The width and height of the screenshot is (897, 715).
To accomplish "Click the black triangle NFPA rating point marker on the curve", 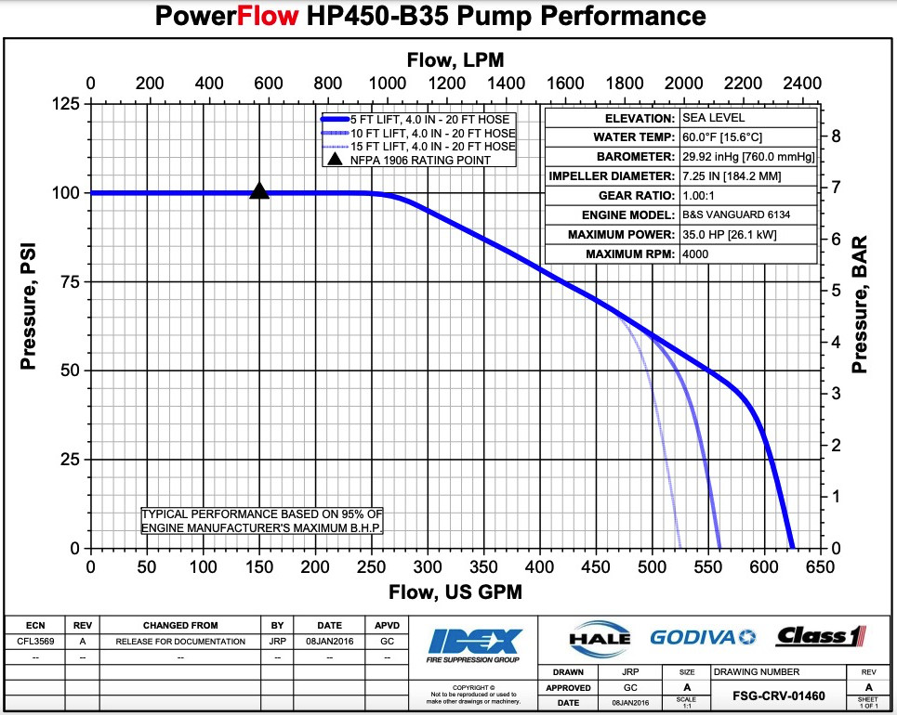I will coord(259,191).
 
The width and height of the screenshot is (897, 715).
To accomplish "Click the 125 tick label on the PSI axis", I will coord(64,104).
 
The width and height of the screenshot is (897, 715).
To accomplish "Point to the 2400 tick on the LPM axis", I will coord(802,82).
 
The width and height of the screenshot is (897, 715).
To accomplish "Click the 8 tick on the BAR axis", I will coord(835,136).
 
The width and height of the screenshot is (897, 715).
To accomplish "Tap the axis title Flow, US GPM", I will coord(456,592).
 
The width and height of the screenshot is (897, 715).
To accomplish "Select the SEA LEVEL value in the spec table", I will coord(713,118).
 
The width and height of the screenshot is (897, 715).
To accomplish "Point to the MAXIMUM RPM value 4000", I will coord(695,254).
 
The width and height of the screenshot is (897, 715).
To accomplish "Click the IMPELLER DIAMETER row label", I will coord(612,176).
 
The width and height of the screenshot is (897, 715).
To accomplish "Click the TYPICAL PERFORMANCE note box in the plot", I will coord(261,520).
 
